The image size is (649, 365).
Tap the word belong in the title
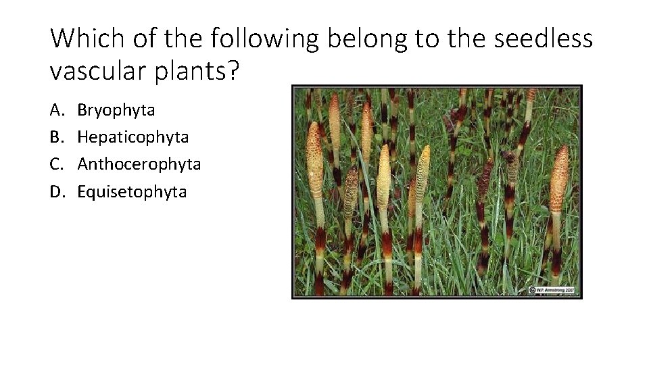click(366, 40)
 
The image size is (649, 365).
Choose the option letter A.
click(55, 109)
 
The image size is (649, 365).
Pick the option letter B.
click(55, 137)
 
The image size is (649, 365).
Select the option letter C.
click(55, 164)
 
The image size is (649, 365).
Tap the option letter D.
click(56, 192)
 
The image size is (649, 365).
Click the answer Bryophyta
click(116, 110)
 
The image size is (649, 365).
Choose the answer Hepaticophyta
click(133, 138)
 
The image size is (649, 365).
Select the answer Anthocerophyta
click(139, 164)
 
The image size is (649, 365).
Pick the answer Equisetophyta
click(132, 192)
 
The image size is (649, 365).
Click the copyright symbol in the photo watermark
click(532, 290)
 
